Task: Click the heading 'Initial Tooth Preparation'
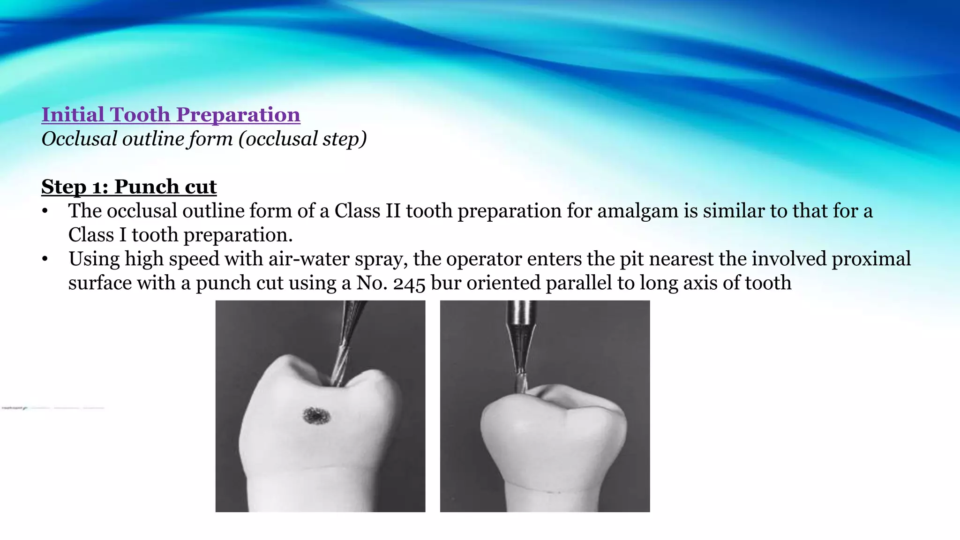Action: pyautogui.click(x=171, y=115)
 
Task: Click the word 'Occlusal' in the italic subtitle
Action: pyautogui.click(x=79, y=139)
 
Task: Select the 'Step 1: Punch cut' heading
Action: pyautogui.click(x=129, y=187)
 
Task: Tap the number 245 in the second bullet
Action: pyautogui.click(x=409, y=284)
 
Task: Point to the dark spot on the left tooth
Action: pyautogui.click(x=316, y=416)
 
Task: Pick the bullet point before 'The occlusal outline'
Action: pyautogui.click(x=45, y=211)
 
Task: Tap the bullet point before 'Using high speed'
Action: pyautogui.click(x=45, y=259)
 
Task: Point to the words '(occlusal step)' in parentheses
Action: pyautogui.click(x=303, y=139)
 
